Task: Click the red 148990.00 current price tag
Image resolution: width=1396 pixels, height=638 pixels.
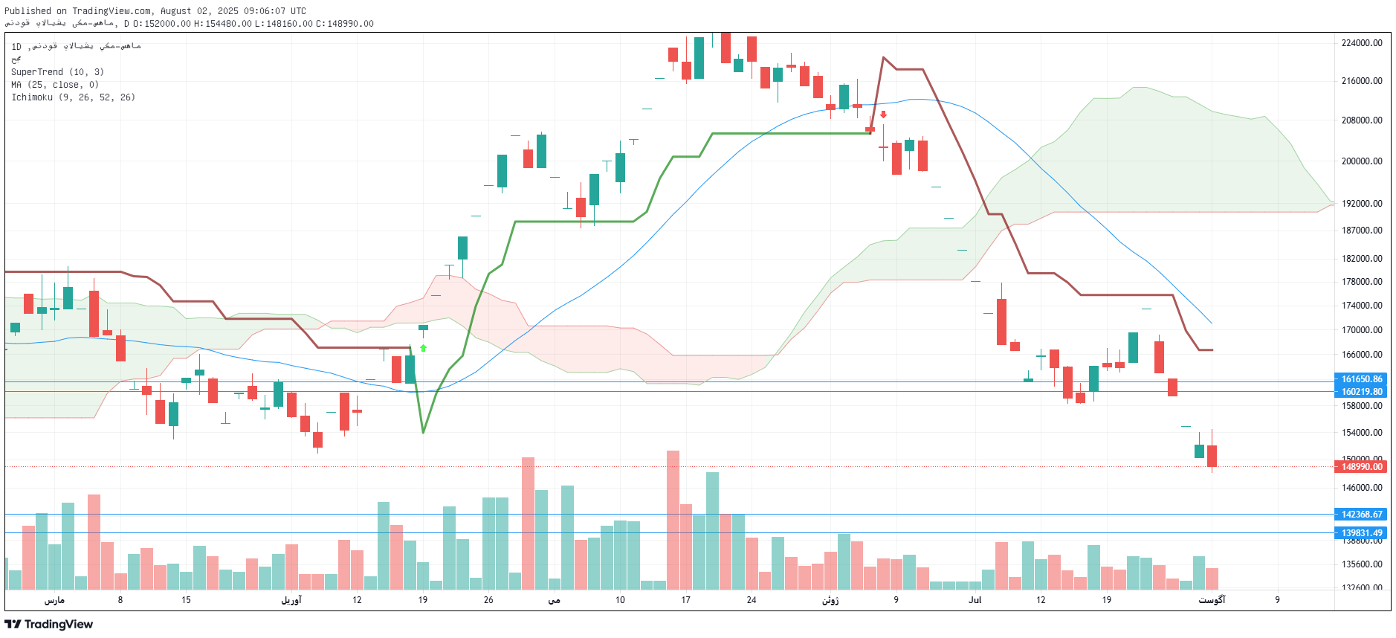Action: click(x=1362, y=467)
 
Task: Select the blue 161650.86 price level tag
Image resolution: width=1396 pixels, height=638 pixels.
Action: click(x=1362, y=379)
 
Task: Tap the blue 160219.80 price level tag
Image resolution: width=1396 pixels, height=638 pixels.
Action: click(x=1362, y=392)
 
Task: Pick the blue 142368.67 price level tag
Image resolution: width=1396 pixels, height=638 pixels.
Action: click(x=1362, y=515)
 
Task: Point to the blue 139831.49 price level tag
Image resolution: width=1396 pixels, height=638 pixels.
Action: click(x=1362, y=533)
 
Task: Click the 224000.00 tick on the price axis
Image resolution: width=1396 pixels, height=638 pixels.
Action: click(x=1362, y=43)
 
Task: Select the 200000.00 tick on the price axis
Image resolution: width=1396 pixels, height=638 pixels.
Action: click(x=1362, y=161)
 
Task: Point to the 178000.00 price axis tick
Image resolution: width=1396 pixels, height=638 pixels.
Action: click(x=1362, y=282)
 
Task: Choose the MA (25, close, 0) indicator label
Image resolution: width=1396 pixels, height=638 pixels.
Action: click(x=55, y=85)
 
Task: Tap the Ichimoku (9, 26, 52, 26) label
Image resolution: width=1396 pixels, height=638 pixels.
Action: click(x=73, y=97)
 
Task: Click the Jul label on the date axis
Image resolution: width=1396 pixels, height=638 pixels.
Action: click(x=975, y=600)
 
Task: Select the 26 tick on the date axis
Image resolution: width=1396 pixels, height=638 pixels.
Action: click(x=488, y=600)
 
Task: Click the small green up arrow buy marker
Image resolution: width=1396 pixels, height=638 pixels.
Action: click(x=423, y=348)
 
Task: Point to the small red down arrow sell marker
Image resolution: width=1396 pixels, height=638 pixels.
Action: click(x=883, y=115)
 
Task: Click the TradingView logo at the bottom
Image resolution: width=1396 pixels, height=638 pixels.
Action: click(x=49, y=625)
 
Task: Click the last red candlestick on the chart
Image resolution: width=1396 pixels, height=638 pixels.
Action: click(x=1212, y=456)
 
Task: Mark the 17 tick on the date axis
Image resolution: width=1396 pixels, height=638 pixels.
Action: click(x=685, y=600)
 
